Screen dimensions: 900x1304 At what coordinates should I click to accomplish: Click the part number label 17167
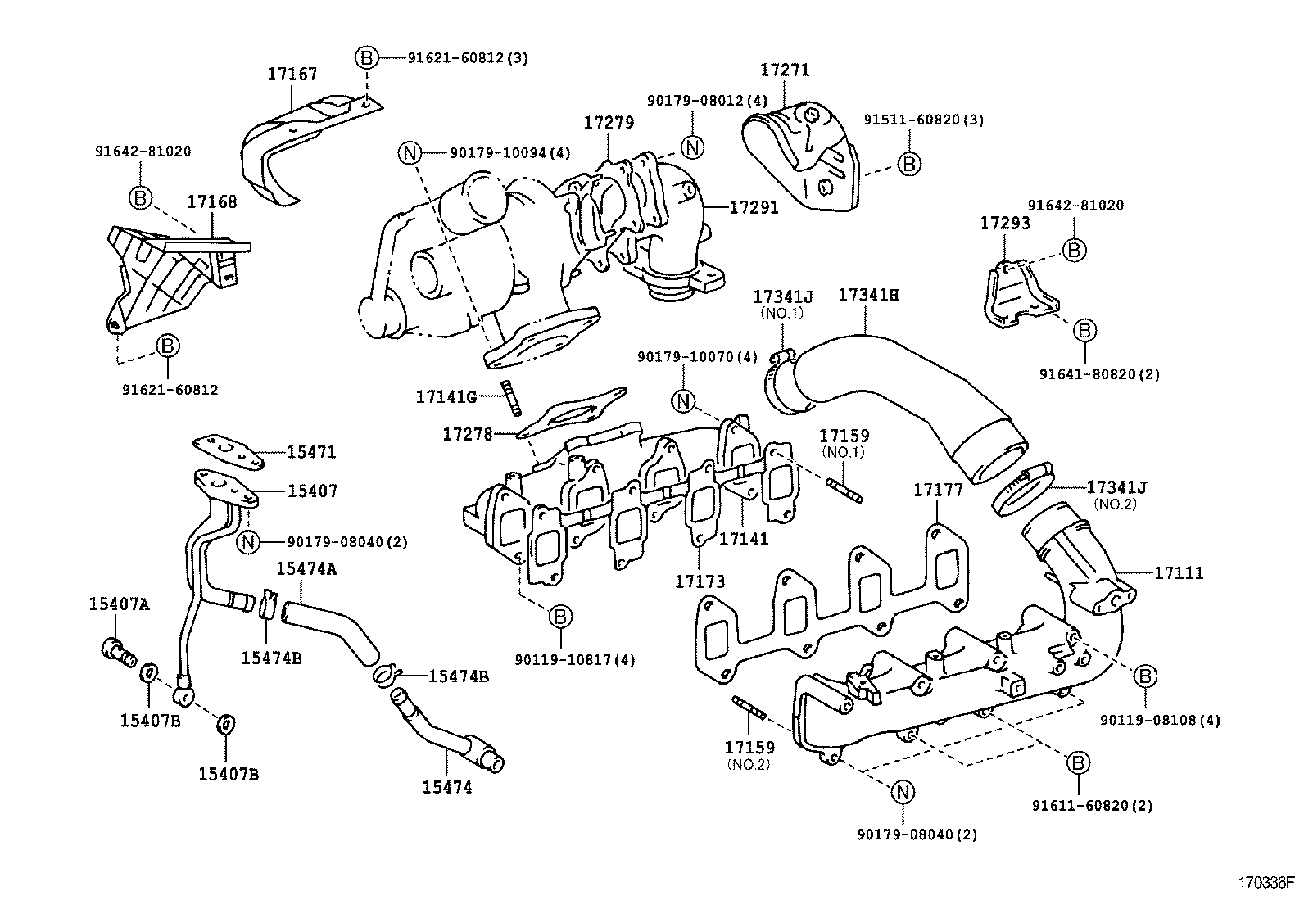click(292, 74)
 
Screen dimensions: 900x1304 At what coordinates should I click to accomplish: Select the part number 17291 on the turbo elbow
click(754, 208)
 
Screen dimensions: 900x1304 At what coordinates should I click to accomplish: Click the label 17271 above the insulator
click(785, 70)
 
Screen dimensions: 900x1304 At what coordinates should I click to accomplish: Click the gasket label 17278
click(468, 434)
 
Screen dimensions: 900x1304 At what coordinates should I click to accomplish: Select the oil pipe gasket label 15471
click(311, 452)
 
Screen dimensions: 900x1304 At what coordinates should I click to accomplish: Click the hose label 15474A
click(306, 568)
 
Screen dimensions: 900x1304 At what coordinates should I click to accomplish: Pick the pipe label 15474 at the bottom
click(447, 787)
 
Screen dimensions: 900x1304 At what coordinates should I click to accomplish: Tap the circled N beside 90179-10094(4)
click(410, 152)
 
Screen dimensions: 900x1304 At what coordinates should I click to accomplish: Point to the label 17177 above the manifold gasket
click(938, 490)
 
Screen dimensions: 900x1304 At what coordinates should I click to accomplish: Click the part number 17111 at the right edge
click(1179, 573)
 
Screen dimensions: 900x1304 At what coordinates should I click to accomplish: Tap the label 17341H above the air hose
click(868, 295)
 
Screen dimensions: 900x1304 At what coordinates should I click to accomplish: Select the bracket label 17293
click(1005, 223)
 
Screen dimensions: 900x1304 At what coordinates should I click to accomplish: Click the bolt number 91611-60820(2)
click(1092, 805)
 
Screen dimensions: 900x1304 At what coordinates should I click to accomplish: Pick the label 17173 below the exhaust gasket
click(700, 581)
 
